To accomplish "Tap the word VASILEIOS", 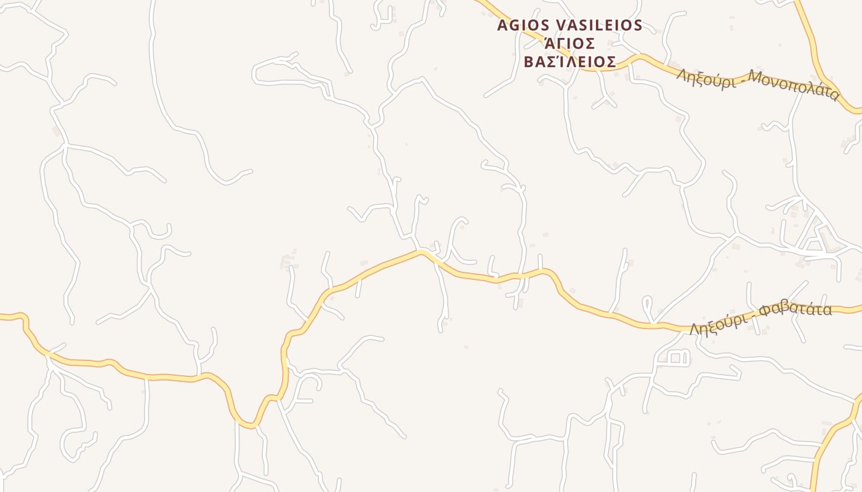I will pos(599,25).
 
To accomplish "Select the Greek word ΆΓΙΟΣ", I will pos(570,44).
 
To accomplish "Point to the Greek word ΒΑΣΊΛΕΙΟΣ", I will pos(570,62).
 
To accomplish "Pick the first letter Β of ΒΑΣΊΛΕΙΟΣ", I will pos(529,62).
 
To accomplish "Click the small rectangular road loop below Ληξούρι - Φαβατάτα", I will pos(678,357).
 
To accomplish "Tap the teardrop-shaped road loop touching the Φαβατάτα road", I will pos(647,304).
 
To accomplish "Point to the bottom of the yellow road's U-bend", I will pos(248,425).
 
